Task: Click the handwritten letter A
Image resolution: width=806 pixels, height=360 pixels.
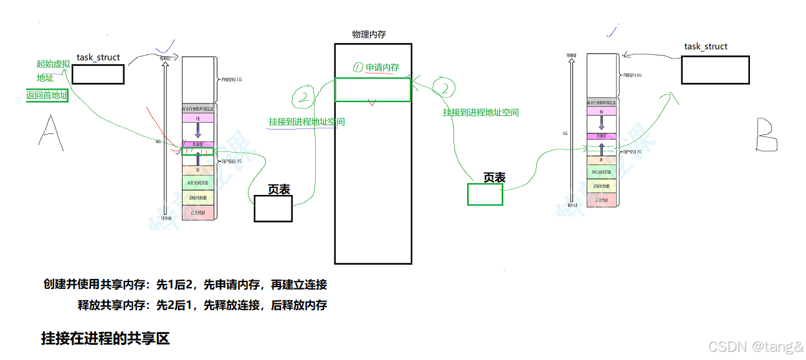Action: [x=52, y=133]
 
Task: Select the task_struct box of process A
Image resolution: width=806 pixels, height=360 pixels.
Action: [x=98, y=74]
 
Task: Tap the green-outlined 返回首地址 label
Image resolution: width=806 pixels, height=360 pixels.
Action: [x=47, y=96]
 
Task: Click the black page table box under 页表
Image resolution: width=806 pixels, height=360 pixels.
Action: [x=273, y=208]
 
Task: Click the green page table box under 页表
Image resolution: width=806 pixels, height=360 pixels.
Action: [x=485, y=194]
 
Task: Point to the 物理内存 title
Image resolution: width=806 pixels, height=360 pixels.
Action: [x=369, y=35]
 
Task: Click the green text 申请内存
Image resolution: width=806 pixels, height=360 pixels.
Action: [x=382, y=67]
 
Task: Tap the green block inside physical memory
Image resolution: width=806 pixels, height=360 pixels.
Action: [x=372, y=90]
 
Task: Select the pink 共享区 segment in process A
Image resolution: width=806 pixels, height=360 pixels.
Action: [x=197, y=144]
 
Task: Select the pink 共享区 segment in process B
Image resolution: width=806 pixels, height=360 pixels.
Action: [x=602, y=136]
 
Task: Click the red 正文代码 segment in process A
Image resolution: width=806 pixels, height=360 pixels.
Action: [x=197, y=212]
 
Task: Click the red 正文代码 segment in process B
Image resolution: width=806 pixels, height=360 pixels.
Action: [x=602, y=200]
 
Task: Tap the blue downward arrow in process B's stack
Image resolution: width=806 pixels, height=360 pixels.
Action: [x=602, y=122]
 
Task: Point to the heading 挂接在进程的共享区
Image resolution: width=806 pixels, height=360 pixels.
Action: [x=105, y=339]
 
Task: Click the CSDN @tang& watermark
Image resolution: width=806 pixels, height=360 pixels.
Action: [x=756, y=346]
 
